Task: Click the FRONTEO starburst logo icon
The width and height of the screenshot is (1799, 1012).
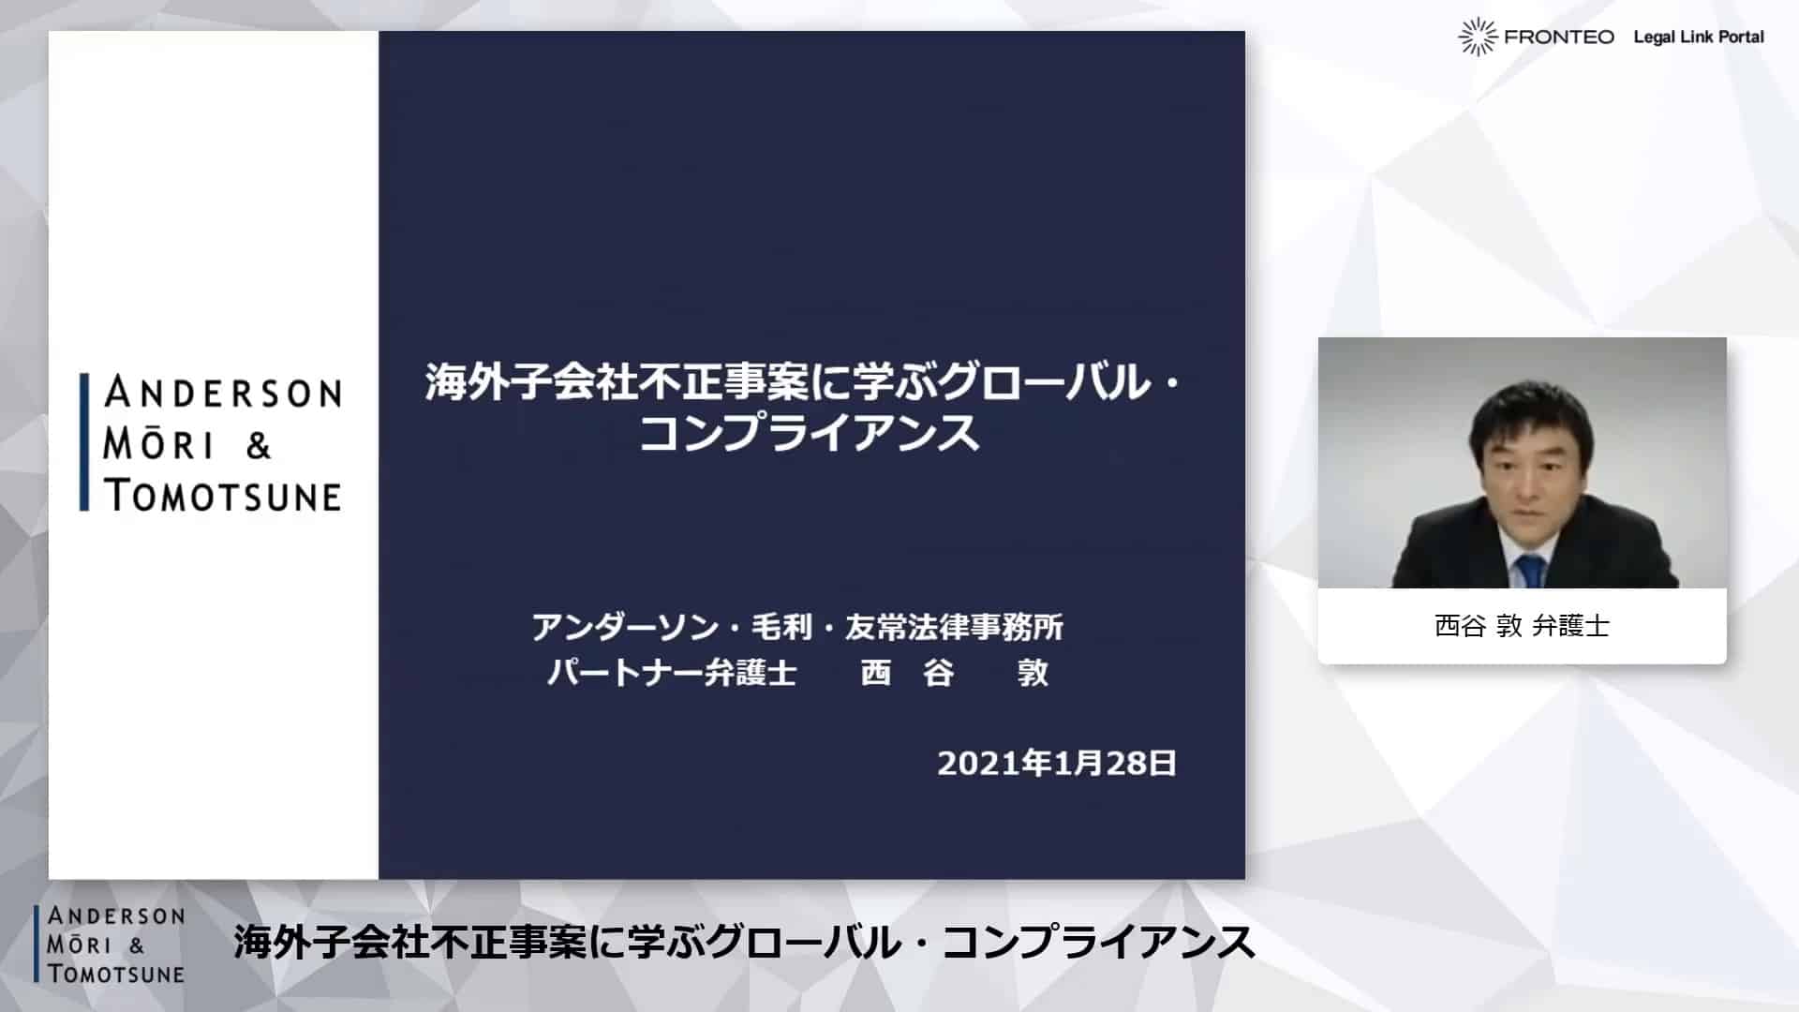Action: point(1478,37)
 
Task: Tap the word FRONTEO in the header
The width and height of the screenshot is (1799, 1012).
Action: point(1559,37)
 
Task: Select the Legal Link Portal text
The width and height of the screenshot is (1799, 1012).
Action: point(1699,37)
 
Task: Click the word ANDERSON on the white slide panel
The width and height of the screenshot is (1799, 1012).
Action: point(223,392)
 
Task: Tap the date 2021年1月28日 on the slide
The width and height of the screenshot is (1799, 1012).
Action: point(1057,764)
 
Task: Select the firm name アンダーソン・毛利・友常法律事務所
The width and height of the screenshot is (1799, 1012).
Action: point(797,627)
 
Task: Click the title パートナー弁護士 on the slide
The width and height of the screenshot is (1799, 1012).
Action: point(672,673)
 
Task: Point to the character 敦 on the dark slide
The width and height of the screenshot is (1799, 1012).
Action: point(1033,673)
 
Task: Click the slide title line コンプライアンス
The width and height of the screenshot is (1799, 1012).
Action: point(810,432)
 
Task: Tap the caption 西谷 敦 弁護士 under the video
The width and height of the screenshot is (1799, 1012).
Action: point(1522,626)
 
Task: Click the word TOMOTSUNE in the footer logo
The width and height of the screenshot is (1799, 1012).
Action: point(116,974)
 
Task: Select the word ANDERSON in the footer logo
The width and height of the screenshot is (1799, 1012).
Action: point(116,915)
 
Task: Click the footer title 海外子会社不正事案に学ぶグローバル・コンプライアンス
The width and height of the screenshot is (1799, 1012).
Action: point(744,943)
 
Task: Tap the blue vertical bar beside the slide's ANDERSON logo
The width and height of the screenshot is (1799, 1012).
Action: point(84,442)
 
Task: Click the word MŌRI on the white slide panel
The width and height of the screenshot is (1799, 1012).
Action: point(158,444)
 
